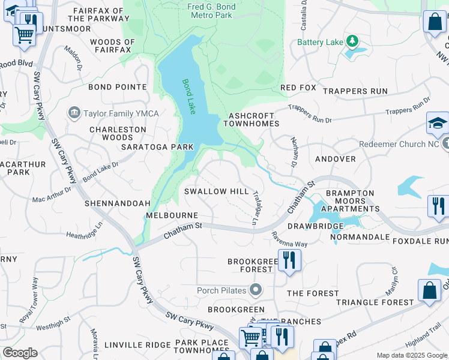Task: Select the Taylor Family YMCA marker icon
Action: pos(74,112)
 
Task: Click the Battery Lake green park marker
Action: pos(352,41)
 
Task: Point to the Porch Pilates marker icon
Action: pos(255,290)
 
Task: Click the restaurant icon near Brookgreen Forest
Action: pos(289,260)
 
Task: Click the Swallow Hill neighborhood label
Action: pos(216,191)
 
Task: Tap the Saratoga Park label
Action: pos(157,146)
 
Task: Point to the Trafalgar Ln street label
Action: pos(257,208)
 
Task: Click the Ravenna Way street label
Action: pos(289,239)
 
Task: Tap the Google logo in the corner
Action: pos(20,353)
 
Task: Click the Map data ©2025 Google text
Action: pos(411,355)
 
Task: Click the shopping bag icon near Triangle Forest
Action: pos(430,290)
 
